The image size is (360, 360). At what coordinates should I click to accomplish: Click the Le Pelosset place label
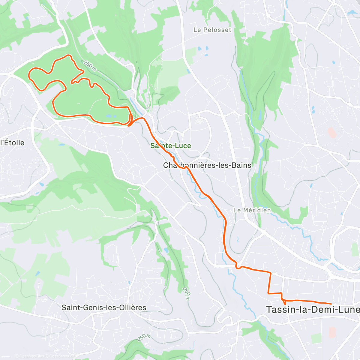pos(212,30)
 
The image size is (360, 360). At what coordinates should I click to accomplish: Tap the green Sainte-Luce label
pos(171,146)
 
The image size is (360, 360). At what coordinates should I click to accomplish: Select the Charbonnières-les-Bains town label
pos(207,165)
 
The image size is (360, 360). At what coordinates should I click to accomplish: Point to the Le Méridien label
pos(252,210)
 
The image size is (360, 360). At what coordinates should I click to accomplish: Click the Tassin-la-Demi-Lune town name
pos(313,310)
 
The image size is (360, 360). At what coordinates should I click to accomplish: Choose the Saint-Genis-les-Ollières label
pos(104,307)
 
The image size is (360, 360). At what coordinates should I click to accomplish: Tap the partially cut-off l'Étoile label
pos(12,142)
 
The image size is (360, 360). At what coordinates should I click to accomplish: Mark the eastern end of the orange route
pos(331,304)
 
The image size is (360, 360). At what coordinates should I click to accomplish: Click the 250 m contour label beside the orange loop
pos(90,65)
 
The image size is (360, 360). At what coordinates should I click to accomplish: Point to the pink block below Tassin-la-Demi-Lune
pos(332,332)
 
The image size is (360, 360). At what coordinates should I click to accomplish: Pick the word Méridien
pos(257,210)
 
